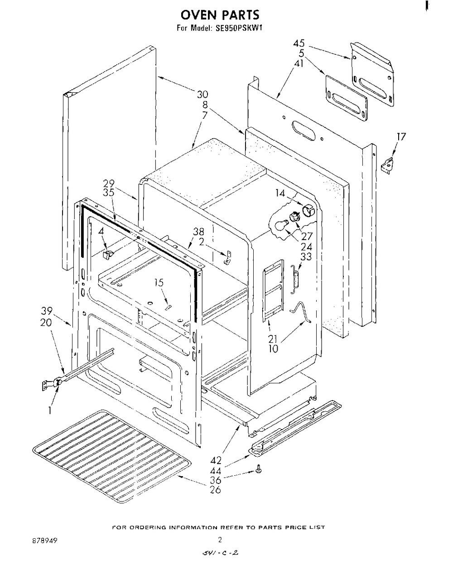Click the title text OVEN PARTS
click(220, 14)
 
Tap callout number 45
click(299, 44)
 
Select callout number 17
click(401, 136)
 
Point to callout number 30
click(202, 94)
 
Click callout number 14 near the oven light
click(280, 193)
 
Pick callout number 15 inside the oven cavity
click(158, 283)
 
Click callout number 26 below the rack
click(216, 490)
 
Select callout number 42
click(216, 460)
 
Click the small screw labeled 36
click(259, 471)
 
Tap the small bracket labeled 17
click(386, 164)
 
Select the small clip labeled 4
click(107, 255)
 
